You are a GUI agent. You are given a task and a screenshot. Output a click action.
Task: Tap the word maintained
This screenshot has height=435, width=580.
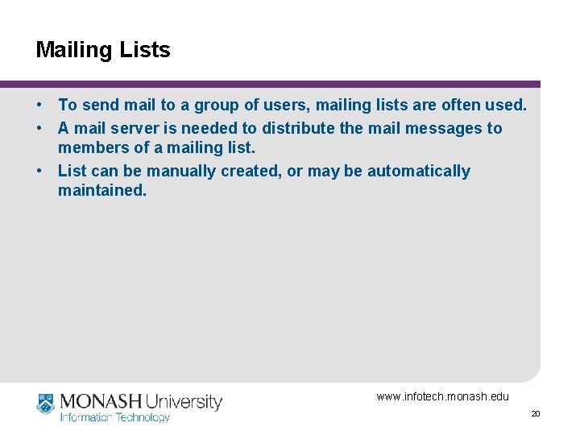(102, 191)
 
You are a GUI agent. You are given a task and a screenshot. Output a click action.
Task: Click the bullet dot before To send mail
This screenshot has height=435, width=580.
(39, 106)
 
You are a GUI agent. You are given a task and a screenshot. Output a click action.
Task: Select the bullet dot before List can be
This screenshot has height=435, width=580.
(39, 171)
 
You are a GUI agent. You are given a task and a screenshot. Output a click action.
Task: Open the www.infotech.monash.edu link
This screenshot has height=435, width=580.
(442, 396)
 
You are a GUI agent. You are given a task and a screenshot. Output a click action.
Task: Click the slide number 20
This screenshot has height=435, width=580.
(535, 413)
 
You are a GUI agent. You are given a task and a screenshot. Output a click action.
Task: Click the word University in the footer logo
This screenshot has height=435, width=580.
(184, 401)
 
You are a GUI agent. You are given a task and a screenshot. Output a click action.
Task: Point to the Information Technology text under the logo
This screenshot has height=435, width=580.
(114, 417)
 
